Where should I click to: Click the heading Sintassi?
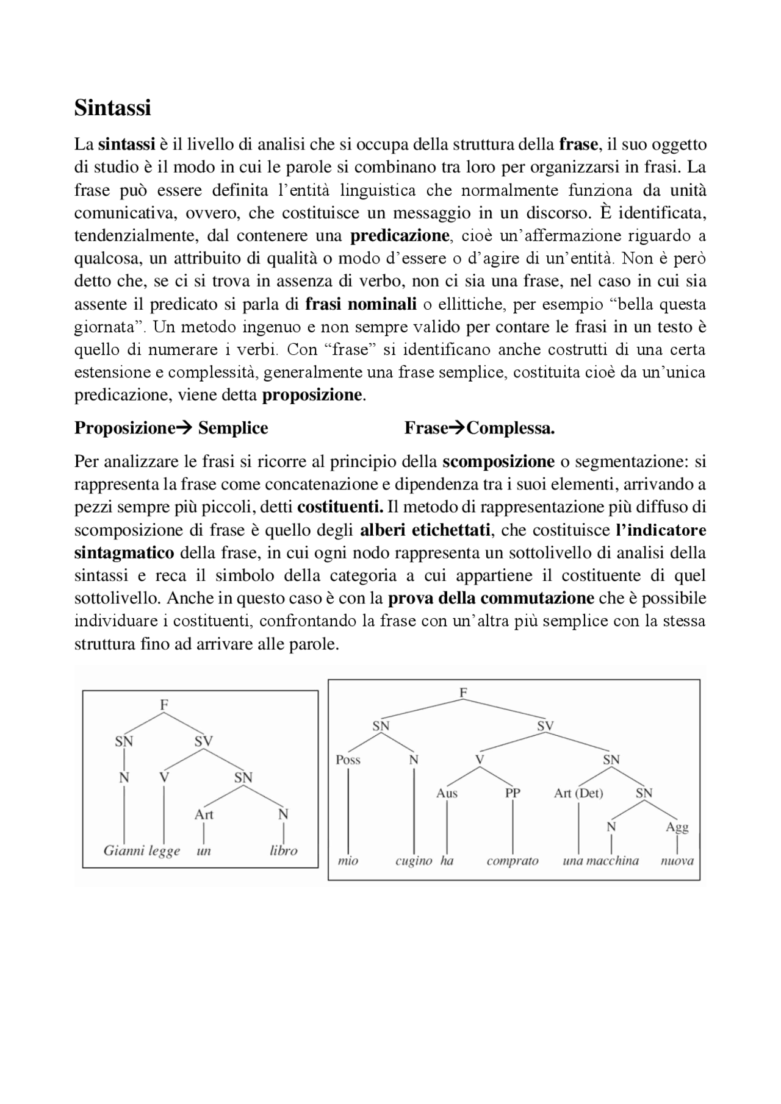pos(112,108)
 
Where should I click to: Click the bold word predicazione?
pos(400,235)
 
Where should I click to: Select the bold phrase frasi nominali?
pos(361,304)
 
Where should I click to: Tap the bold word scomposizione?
pos(498,461)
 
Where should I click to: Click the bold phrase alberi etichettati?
pos(425,530)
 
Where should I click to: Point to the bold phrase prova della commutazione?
pos(491,598)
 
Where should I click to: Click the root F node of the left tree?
pos(164,705)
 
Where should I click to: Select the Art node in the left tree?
pos(203,814)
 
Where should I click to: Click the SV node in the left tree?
pos(203,741)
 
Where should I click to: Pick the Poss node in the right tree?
pos(348,760)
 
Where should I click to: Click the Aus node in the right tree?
pos(447,793)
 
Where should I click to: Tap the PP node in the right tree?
pos(512,793)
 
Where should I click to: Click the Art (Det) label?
pos(578,793)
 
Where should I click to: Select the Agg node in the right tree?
pos(677,827)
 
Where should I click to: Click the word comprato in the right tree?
pos(512,861)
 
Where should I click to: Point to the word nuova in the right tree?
pos(677,861)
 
